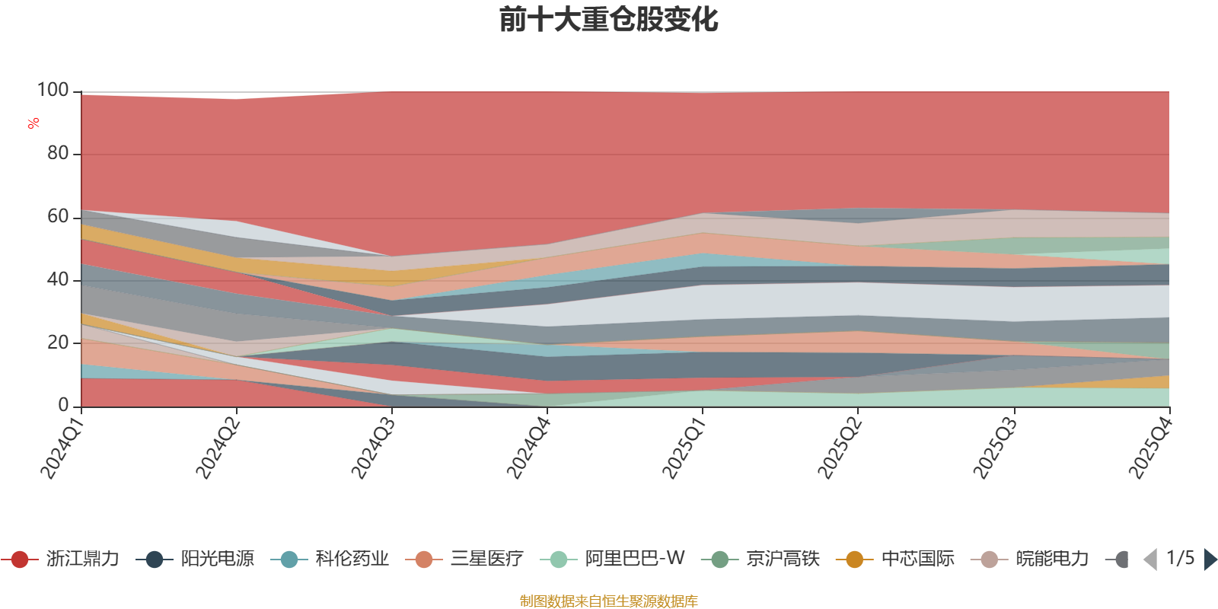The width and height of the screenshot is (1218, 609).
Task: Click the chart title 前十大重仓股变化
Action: (x=608, y=20)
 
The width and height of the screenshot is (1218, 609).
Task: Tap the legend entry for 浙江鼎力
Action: (x=60, y=559)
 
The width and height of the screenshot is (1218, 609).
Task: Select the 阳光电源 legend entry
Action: (x=195, y=559)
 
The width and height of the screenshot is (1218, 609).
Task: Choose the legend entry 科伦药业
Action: (x=330, y=559)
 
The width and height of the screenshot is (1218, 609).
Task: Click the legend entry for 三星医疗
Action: (x=464, y=559)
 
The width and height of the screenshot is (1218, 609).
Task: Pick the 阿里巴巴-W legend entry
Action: (x=612, y=559)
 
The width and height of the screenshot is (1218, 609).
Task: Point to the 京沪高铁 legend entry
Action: (x=760, y=559)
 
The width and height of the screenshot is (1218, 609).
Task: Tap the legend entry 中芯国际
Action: (x=895, y=559)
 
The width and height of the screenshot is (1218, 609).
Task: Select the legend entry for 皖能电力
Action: (x=1030, y=559)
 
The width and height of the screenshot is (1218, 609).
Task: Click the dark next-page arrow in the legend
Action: (x=1210, y=559)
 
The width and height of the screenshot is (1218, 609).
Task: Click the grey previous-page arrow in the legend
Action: (x=1150, y=559)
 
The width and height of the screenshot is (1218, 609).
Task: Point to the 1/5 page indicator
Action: (x=1181, y=558)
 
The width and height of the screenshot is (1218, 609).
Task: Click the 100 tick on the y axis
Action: (x=53, y=90)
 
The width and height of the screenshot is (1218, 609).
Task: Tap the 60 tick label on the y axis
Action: (x=58, y=216)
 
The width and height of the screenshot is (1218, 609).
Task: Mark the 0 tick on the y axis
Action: (x=64, y=405)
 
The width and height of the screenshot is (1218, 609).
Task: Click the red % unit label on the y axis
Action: (x=33, y=123)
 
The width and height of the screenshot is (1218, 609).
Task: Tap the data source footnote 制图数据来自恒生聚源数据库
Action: (x=608, y=601)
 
